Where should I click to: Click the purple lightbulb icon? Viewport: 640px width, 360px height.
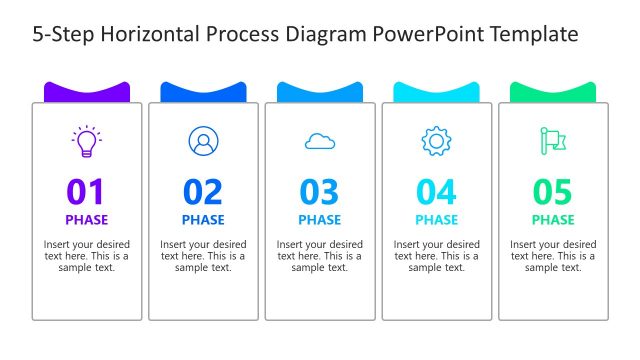pos(87,141)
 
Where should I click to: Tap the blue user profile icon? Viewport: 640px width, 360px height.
pos(203,141)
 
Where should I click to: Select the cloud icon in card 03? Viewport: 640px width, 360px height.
pos(320,142)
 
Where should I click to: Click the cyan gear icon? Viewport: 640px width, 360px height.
pos(436,141)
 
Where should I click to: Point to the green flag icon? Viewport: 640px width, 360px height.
pos(553,141)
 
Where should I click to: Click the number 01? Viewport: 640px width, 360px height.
pos(86,192)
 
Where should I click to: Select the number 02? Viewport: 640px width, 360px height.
pos(203,192)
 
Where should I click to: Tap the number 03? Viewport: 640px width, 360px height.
pos(320,192)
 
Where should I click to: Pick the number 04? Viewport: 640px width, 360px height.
pos(436,192)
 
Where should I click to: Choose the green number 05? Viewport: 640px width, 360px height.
pos(553,192)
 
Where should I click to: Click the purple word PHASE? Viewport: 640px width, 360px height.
pos(87,220)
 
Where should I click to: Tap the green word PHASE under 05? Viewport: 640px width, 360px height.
pos(553,220)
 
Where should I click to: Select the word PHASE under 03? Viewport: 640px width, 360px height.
pos(320,220)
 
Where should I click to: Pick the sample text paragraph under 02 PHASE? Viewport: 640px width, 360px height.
pos(203,256)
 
